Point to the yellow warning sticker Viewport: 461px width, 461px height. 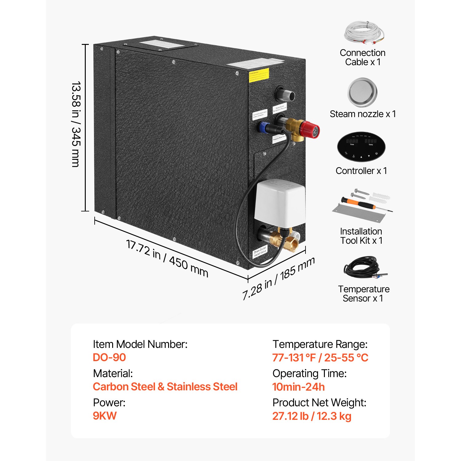[x=259, y=75]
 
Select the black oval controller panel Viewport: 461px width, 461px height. [x=361, y=147]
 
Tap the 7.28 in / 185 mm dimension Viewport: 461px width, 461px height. [x=278, y=278]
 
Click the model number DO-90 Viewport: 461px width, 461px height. [x=109, y=357]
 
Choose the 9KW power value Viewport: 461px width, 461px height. [x=105, y=416]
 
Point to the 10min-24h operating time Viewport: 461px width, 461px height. [x=298, y=387]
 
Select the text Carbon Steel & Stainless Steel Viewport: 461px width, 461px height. [x=165, y=387]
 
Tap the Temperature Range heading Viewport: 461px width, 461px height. [x=320, y=344]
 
